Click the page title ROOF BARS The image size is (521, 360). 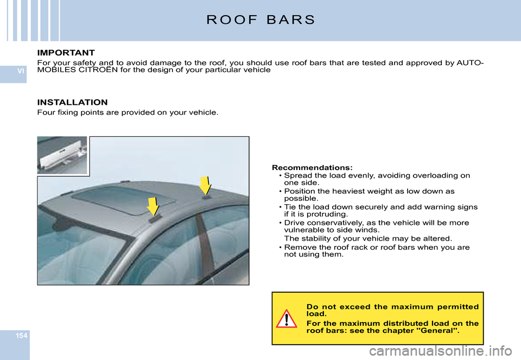(x=260, y=21)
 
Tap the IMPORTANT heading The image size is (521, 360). (x=66, y=53)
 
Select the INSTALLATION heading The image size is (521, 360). (x=72, y=102)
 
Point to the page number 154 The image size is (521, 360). (x=14, y=336)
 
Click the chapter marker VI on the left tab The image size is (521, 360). (x=14, y=71)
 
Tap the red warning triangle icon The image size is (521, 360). (x=286, y=319)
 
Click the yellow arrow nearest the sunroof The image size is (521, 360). (x=153, y=207)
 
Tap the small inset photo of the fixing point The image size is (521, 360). (x=62, y=155)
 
